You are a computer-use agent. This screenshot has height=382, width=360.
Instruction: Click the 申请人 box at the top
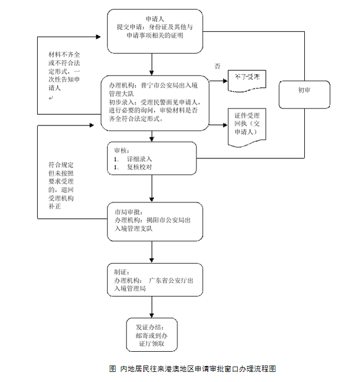[x=155, y=31]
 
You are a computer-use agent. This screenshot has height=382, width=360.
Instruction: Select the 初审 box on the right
[x=304, y=90]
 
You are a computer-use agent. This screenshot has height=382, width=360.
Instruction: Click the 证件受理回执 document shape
[x=247, y=125]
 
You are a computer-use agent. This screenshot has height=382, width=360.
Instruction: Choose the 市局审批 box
[x=155, y=221]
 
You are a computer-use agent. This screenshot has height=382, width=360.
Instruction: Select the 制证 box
[x=155, y=279]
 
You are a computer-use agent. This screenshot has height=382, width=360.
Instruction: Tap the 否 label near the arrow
[x=217, y=66]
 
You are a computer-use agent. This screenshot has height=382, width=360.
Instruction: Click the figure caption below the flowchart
[x=192, y=369]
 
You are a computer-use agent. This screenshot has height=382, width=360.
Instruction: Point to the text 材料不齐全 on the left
[x=64, y=55]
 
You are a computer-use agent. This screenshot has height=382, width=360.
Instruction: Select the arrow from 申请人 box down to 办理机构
[x=152, y=64]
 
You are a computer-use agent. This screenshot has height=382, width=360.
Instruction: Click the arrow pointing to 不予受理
[x=218, y=80]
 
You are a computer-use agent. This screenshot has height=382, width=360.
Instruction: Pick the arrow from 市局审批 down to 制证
[x=152, y=252]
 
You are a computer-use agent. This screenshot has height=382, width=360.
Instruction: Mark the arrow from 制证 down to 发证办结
[x=152, y=307]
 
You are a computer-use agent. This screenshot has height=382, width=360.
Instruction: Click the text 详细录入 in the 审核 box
[x=140, y=159]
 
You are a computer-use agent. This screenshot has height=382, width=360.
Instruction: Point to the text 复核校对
[x=140, y=167]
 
